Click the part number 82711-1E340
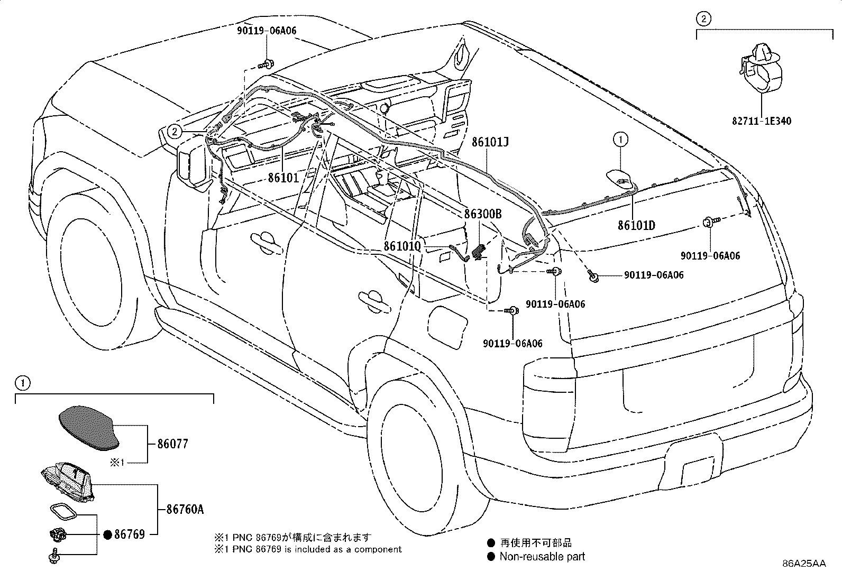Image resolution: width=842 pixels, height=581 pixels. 762,121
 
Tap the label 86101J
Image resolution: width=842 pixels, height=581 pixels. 490,142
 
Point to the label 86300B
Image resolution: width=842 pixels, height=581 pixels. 483,214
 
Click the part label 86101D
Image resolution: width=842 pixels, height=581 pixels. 636,225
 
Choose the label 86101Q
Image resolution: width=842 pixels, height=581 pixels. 402,246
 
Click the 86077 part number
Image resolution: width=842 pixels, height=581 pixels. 172,444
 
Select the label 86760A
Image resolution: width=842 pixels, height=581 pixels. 185,509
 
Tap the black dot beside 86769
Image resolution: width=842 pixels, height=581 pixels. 107,535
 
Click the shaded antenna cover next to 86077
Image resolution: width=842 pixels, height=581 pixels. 89,428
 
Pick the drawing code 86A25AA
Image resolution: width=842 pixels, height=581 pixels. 804,564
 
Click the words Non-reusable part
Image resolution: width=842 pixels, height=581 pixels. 542,557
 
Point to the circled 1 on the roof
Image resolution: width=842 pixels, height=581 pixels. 620,140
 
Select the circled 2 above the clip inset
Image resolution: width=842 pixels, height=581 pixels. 703,19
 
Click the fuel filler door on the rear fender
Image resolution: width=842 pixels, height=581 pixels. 447,326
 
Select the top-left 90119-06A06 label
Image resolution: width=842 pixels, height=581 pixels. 267,31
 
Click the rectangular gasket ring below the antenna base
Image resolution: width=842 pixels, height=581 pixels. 63,512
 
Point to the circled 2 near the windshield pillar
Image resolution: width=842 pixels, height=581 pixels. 175,132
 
